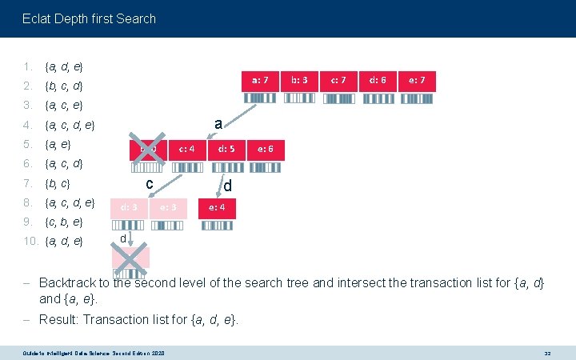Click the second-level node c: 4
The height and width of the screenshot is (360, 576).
point(187,149)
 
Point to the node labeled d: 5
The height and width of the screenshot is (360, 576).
point(226,149)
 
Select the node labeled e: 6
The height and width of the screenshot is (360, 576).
point(265,149)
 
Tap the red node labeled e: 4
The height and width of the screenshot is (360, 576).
point(221,208)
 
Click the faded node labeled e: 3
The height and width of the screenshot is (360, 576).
point(168,208)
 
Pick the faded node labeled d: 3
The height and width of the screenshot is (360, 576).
point(130,208)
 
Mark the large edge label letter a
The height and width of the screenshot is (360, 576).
point(217,122)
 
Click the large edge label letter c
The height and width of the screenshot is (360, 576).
point(150,183)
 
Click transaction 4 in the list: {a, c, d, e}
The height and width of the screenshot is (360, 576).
point(70,125)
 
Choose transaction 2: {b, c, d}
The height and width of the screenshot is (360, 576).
point(65,86)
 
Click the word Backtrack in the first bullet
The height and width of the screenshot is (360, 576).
point(67,282)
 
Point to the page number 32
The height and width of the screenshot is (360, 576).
point(548,352)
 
